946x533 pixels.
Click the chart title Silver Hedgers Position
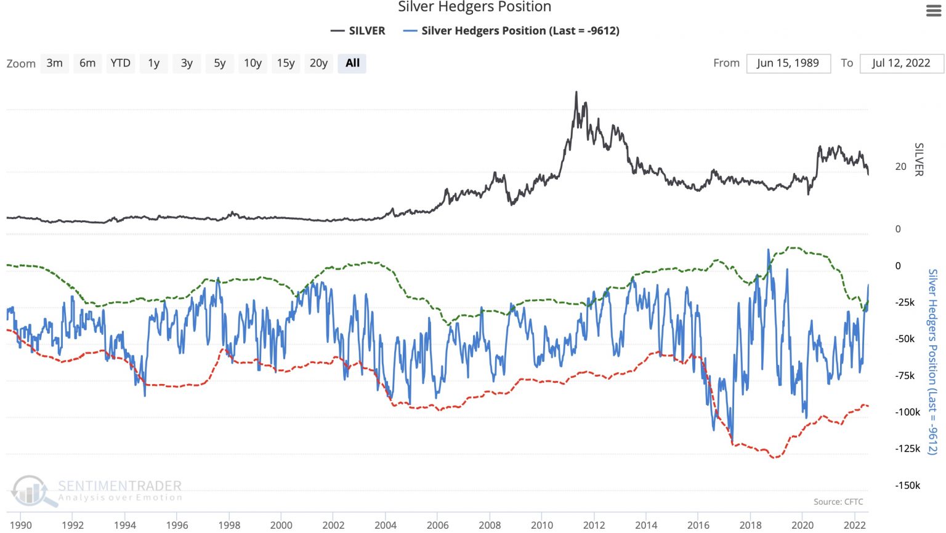pos(474,7)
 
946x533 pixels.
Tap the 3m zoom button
pos(54,63)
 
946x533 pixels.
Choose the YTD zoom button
pos(120,63)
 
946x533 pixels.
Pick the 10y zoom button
pos(253,63)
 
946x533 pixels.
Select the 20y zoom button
pos(318,63)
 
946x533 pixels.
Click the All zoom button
pos(352,63)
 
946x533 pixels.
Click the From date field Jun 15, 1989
pos(788,63)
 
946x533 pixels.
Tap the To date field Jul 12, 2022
pos(900,63)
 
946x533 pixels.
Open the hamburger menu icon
pos(934,10)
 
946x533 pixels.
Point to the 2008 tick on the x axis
pos(490,525)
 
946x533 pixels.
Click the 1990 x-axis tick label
pos(21,525)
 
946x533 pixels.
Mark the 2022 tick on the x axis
pos(854,525)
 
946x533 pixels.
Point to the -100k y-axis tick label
pos(907,412)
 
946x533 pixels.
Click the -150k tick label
pos(907,486)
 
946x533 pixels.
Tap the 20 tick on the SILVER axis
pos(900,166)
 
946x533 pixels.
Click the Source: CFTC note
pos(838,502)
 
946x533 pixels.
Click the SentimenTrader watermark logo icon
pos(31,491)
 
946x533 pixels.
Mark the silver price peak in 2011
pos(576,93)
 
